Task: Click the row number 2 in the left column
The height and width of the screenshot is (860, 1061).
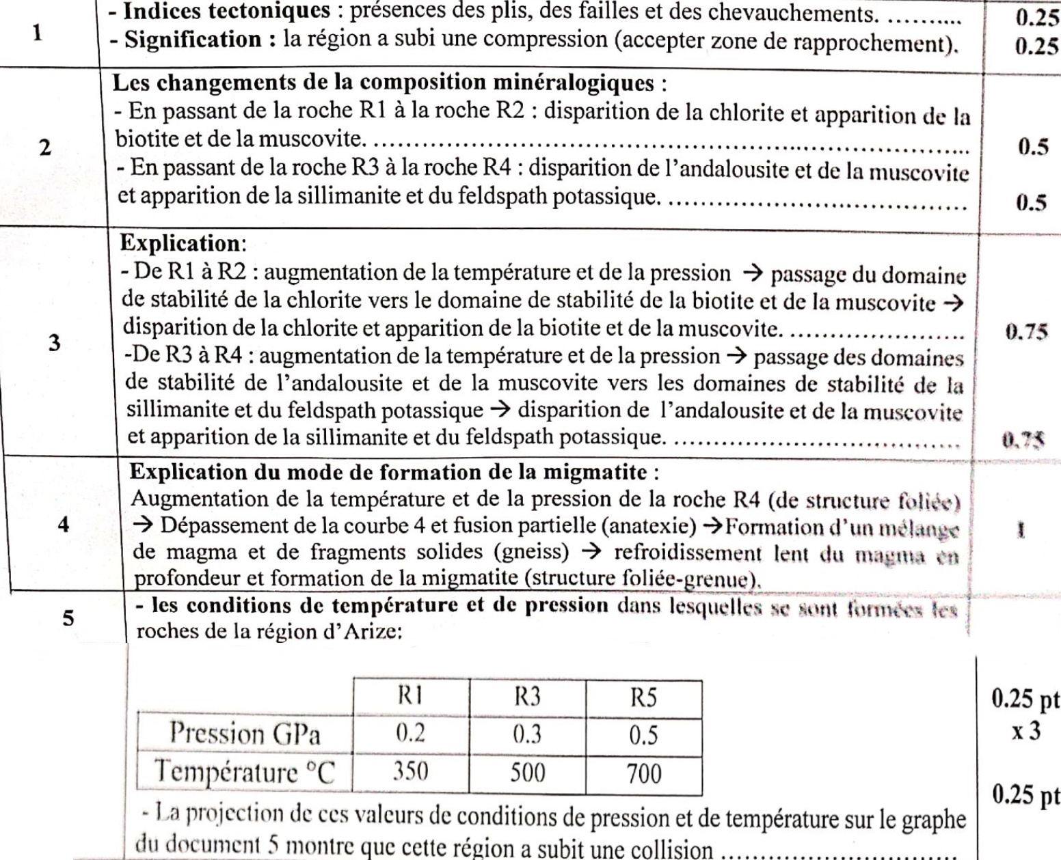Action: [44, 148]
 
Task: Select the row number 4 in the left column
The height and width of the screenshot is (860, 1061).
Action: [63, 527]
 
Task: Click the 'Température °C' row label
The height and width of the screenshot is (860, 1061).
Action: [245, 773]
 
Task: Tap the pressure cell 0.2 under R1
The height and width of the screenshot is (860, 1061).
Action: [411, 734]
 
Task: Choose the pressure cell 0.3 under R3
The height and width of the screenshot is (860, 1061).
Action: [527, 735]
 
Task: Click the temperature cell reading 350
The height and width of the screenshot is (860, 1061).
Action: [410, 773]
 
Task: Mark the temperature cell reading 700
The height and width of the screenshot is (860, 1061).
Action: [644, 774]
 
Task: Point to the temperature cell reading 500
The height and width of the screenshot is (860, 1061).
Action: [527, 773]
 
